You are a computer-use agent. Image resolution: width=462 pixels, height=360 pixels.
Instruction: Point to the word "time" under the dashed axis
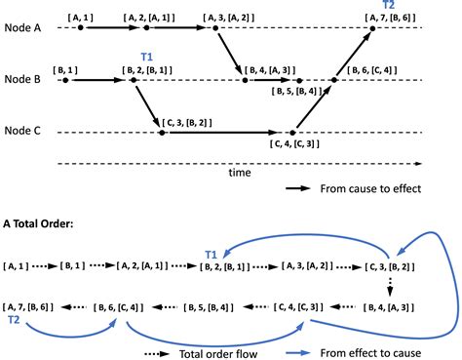(x=240, y=173)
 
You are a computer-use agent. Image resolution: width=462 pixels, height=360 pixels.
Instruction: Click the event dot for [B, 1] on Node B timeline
(x=64, y=80)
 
